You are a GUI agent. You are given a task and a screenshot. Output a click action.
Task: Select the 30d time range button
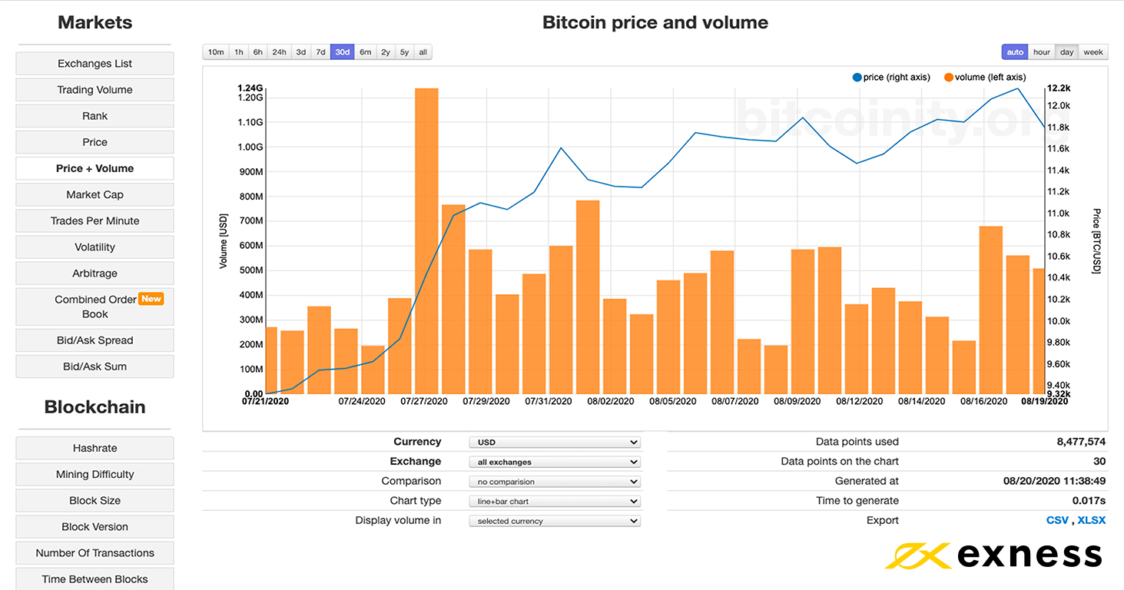[x=343, y=52]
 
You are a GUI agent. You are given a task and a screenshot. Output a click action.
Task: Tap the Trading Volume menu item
[x=94, y=90]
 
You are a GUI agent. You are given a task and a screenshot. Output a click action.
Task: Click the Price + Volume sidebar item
[x=94, y=168]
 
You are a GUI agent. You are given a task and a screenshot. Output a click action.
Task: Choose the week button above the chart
[x=1093, y=52]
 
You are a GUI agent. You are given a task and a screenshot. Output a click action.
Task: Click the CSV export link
[x=1057, y=520]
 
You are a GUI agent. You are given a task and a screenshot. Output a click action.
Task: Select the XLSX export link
[x=1092, y=520]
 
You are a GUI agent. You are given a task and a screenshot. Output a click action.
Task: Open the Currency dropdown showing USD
[x=554, y=442]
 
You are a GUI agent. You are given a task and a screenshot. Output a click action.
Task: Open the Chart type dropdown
[x=554, y=501]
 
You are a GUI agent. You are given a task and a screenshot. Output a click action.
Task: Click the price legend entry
[x=891, y=77]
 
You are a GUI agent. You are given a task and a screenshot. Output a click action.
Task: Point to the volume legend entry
[x=985, y=77]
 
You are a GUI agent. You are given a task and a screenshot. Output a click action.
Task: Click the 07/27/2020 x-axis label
[x=424, y=401]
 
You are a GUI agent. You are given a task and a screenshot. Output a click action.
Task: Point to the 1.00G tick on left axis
[x=250, y=147]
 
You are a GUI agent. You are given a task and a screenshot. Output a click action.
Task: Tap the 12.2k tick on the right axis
[x=1059, y=88]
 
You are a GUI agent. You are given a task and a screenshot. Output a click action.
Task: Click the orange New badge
[x=151, y=299]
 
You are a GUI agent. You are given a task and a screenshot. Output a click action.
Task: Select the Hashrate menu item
[x=94, y=448]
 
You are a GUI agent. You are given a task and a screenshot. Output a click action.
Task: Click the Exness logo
[x=993, y=555]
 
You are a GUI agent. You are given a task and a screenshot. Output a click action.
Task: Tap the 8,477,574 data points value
[x=1081, y=442]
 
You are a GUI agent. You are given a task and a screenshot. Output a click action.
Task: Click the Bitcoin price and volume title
[x=655, y=22]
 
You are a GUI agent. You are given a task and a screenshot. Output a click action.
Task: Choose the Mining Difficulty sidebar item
[x=94, y=474]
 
